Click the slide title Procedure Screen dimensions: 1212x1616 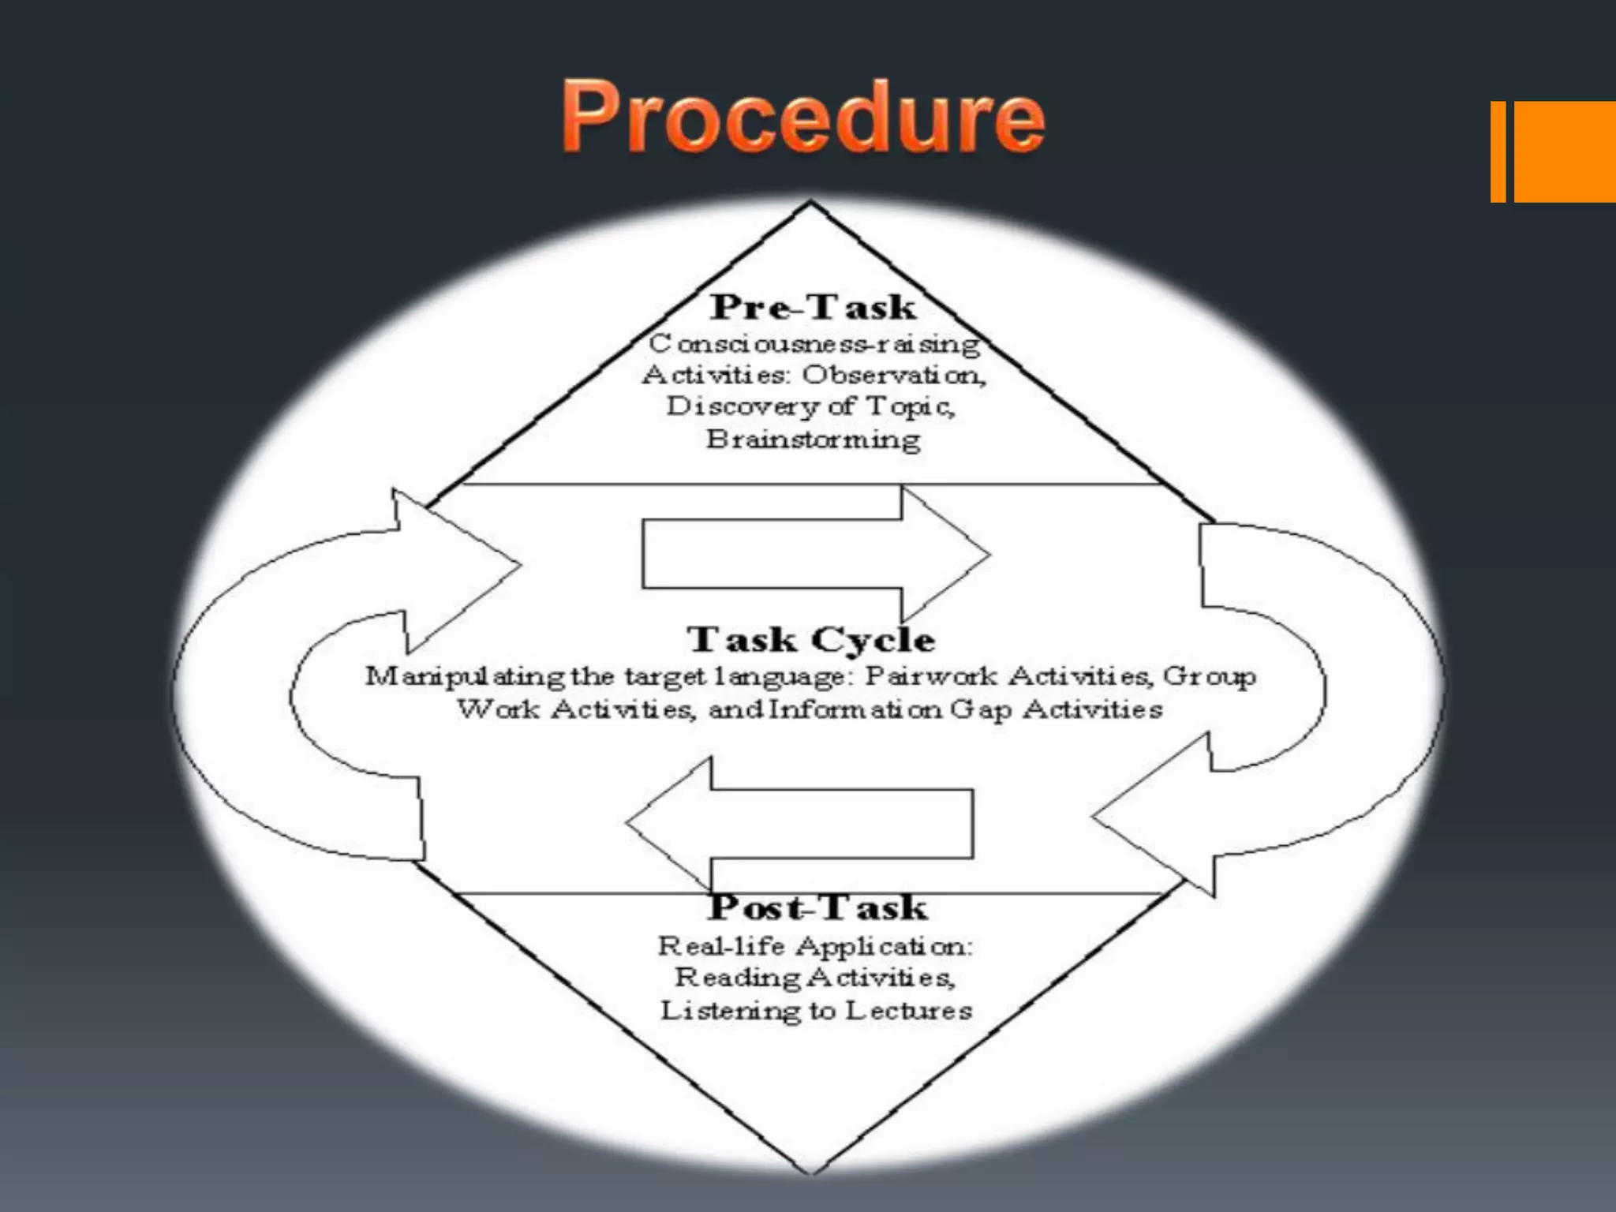(803, 117)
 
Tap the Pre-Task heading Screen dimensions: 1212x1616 (813, 307)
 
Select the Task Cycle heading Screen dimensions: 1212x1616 (811, 639)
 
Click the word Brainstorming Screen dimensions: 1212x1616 (814, 440)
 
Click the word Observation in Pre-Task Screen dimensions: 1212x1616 (894, 374)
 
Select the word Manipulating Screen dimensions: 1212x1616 (465, 677)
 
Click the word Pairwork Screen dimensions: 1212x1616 (931, 676)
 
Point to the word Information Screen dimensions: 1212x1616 (855, 709)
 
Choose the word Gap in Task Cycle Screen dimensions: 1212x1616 (982, 709)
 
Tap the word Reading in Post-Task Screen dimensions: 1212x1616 (738, 978)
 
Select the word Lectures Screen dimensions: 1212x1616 (909, 1011)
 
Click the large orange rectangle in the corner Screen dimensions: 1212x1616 (1565, 151)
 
